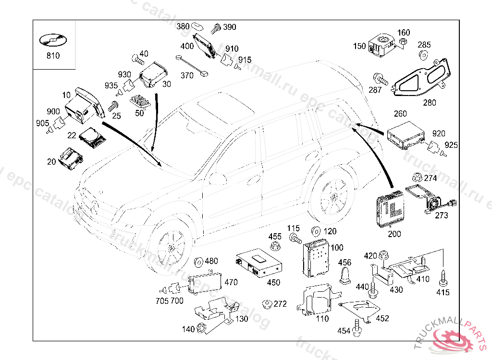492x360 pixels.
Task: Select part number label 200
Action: pos(394,234)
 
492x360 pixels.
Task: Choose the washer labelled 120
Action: pos(317,231)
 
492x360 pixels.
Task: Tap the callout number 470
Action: pos(231,282)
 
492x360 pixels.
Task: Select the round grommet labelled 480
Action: pos(198,262)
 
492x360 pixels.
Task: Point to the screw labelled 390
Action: pos(216,28)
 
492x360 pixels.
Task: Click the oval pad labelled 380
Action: pos(197,26)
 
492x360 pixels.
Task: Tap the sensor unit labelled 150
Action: pos(381,43)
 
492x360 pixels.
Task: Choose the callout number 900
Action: pos(53,111)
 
